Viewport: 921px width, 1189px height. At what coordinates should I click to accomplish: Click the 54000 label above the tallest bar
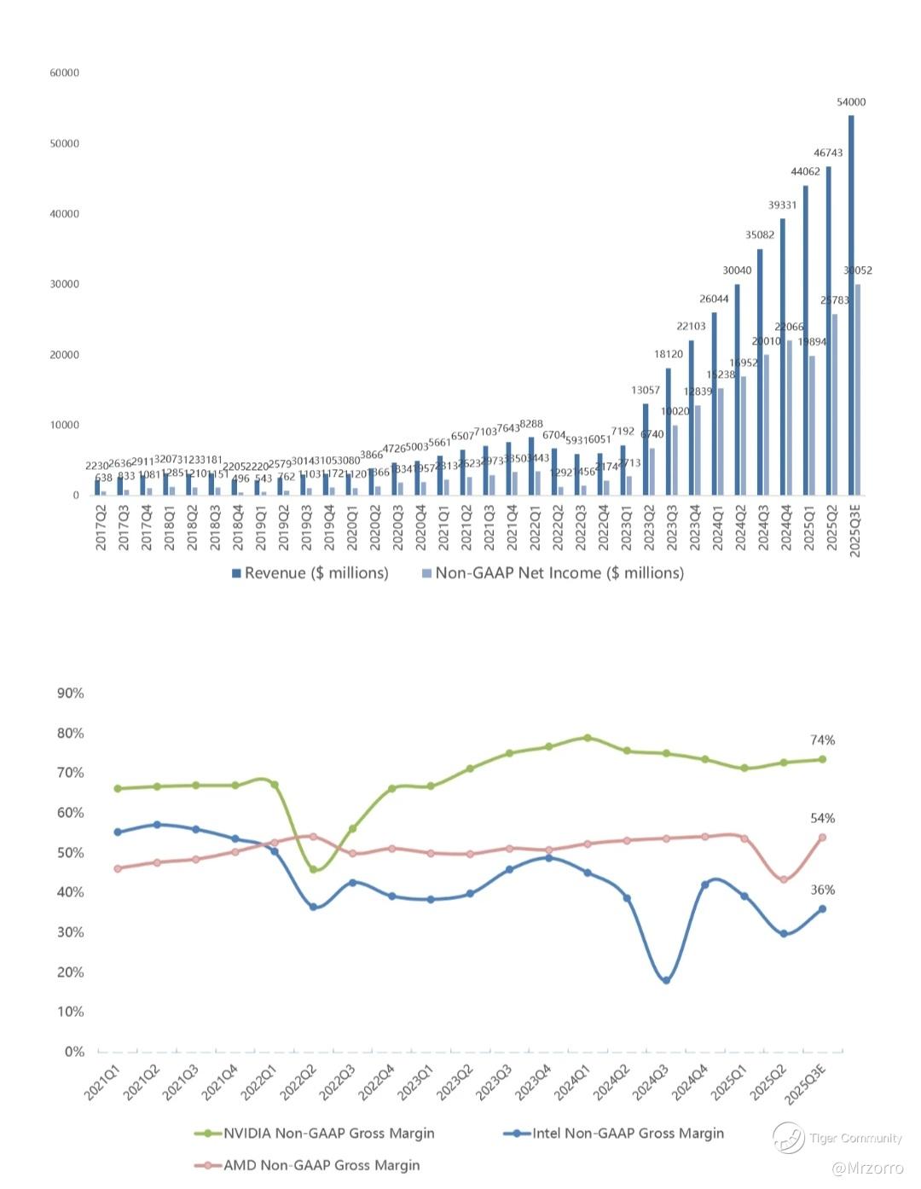[x=851, y=102]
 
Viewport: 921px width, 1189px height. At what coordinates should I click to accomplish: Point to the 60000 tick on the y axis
[x=64, y=73]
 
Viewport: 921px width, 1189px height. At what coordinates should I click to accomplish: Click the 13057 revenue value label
[x=646, y=391]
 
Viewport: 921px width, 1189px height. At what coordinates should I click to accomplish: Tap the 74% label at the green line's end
[x=823, y=740]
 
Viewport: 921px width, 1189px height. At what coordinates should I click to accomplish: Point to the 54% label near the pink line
[x=823, y=819]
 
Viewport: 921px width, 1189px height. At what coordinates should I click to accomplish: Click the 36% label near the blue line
[x=823, y=890]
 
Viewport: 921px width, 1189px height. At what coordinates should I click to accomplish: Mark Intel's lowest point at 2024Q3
[x=666, y=981]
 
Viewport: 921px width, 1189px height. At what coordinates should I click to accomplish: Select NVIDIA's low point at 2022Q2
[x=313, y=870]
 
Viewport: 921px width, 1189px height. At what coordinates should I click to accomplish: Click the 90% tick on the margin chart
[x=71, y=693]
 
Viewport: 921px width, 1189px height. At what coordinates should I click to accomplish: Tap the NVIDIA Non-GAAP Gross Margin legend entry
[x=328, y=1134]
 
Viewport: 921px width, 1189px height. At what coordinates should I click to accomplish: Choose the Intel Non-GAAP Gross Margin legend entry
[x=628, y=1134]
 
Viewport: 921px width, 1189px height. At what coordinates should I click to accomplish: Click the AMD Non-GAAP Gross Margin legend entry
[x=321, y=1165]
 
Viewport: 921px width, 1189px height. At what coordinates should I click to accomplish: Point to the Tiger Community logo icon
[x=788, y=1138]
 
